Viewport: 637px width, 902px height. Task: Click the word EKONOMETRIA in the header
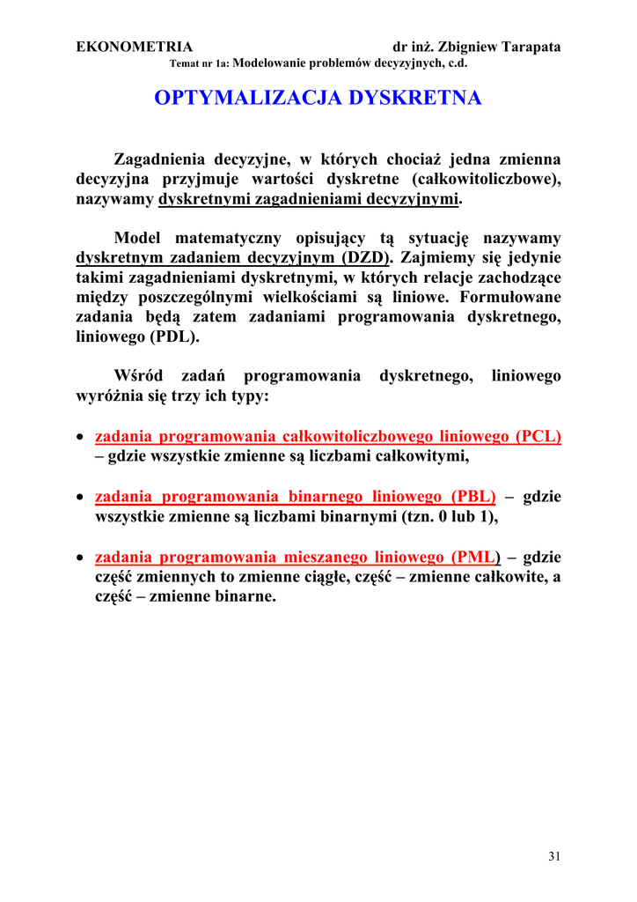[134, 48]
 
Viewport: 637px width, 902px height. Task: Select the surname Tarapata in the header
[526, 48]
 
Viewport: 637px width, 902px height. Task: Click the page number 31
[553, 855]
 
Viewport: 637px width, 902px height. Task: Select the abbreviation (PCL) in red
[538, 437]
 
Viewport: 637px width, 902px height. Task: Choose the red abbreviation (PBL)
[472, 497]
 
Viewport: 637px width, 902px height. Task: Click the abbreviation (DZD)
[368, 258]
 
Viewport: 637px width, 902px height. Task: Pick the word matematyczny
[229, 238]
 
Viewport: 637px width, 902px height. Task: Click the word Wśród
[139, 376]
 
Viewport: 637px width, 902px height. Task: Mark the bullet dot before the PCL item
[81, 438]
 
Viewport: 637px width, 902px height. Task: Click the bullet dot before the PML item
[81, 558]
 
